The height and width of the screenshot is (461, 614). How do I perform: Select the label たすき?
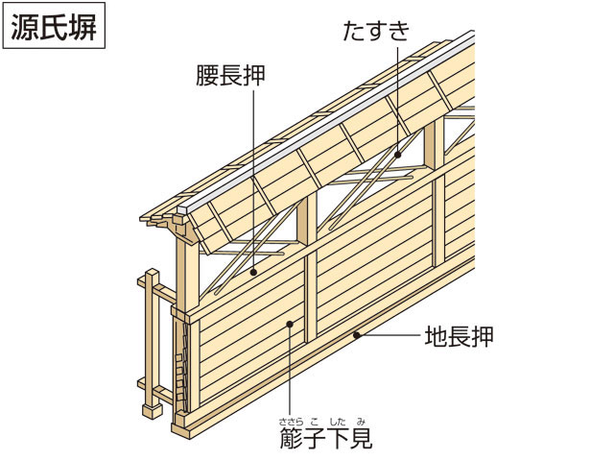click(x=377, y=29)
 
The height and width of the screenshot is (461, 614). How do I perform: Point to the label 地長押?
click(x=459, y=338)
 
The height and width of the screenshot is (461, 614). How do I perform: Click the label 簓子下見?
click(x=322, y=440)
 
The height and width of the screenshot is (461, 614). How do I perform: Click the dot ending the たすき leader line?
click(x=395, y=153)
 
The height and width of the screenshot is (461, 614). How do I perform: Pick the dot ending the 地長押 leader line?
click(x=357, y=336)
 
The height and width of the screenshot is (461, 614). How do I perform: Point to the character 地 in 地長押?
click(x=436, y=338)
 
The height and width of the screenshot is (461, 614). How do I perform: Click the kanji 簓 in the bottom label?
click(x=292, y=440)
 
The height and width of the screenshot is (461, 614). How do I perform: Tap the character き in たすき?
click(x=400, y=29)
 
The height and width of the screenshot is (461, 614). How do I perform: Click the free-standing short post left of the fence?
click(x=150, y=346)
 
